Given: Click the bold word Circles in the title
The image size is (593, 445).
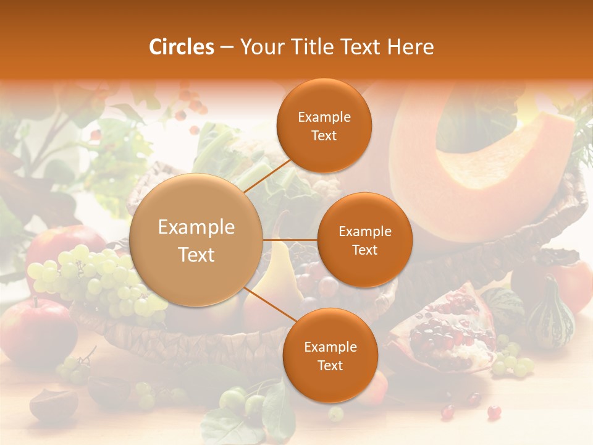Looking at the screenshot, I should pyautogui.click(x=182, y=47).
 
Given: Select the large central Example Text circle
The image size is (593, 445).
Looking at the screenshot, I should pyautogui.click(x=196, y=240).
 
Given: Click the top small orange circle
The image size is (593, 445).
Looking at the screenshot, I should pyautogui.click(x=324, y=126).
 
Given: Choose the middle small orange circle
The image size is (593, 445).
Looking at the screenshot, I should pyautogui.click(x=364, y=240).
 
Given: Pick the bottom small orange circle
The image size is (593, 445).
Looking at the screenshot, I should pyautogui.click(x=330, y=355).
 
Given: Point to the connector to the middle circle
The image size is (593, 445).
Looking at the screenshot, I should pyautogui.click(x=290, y=240).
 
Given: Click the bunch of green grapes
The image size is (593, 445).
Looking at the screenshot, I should pyautogui.click(x=93, y=278).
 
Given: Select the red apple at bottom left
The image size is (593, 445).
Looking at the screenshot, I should pyautogui.click(x=37, y=331).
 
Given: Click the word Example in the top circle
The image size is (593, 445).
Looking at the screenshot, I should pyautogui.click(x=324, y=117).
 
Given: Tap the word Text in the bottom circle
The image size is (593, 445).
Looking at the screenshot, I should pyautogui.click(x=330, y=365).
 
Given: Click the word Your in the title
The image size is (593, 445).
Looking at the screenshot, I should pyautogui.click(x=259, y=47).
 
